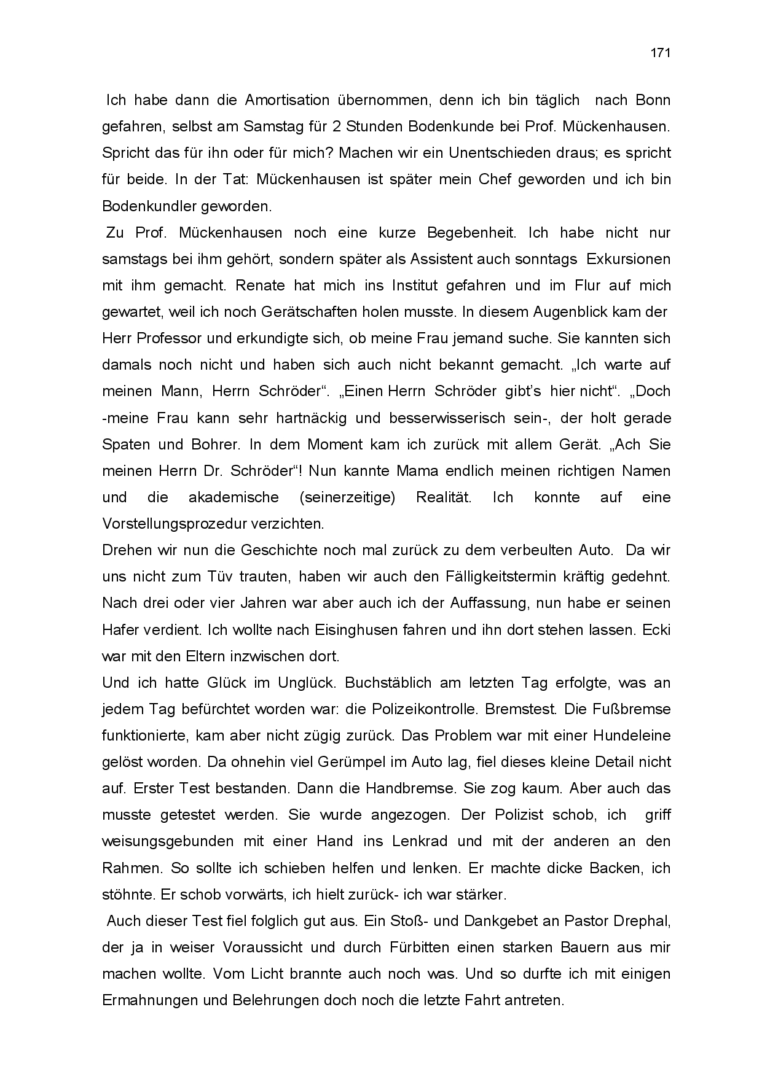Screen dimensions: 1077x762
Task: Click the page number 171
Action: pos(660,53)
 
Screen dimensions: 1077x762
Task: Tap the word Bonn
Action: pos(653,100)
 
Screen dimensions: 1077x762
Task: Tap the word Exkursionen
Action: pos(629,259)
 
